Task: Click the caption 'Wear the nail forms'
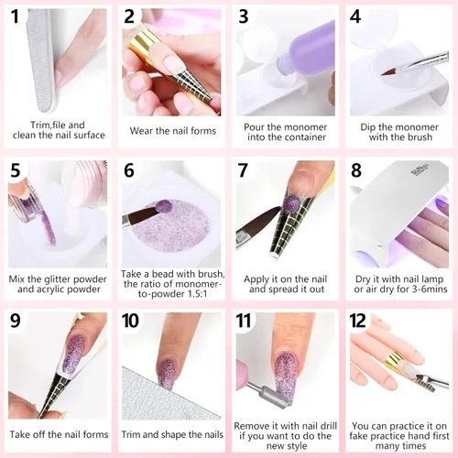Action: point(170,131)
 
